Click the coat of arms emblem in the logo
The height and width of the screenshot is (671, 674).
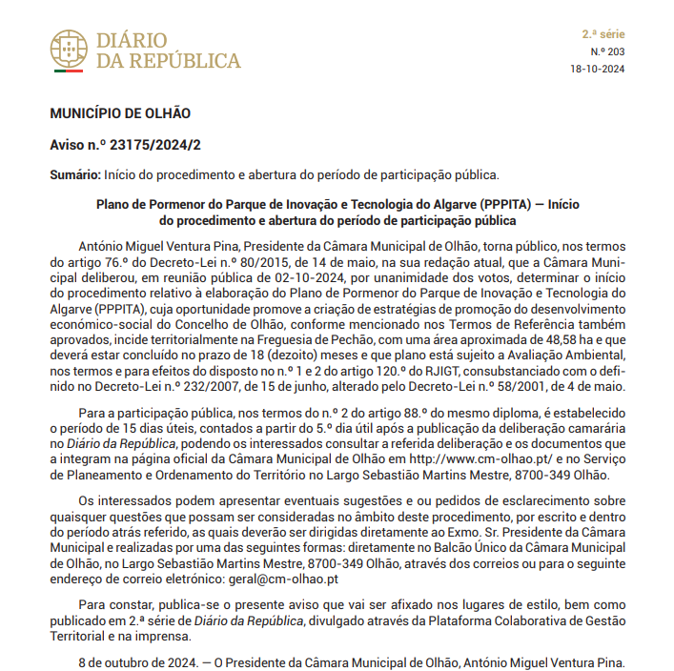point(68,51)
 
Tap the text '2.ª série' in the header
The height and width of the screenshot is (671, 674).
point(603,33)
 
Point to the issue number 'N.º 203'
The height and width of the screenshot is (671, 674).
point(607,51)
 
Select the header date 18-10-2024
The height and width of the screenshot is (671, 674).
point(598,69)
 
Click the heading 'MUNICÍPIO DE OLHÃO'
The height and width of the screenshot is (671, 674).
point(120,113)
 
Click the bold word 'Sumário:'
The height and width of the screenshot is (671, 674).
point(75,174)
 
